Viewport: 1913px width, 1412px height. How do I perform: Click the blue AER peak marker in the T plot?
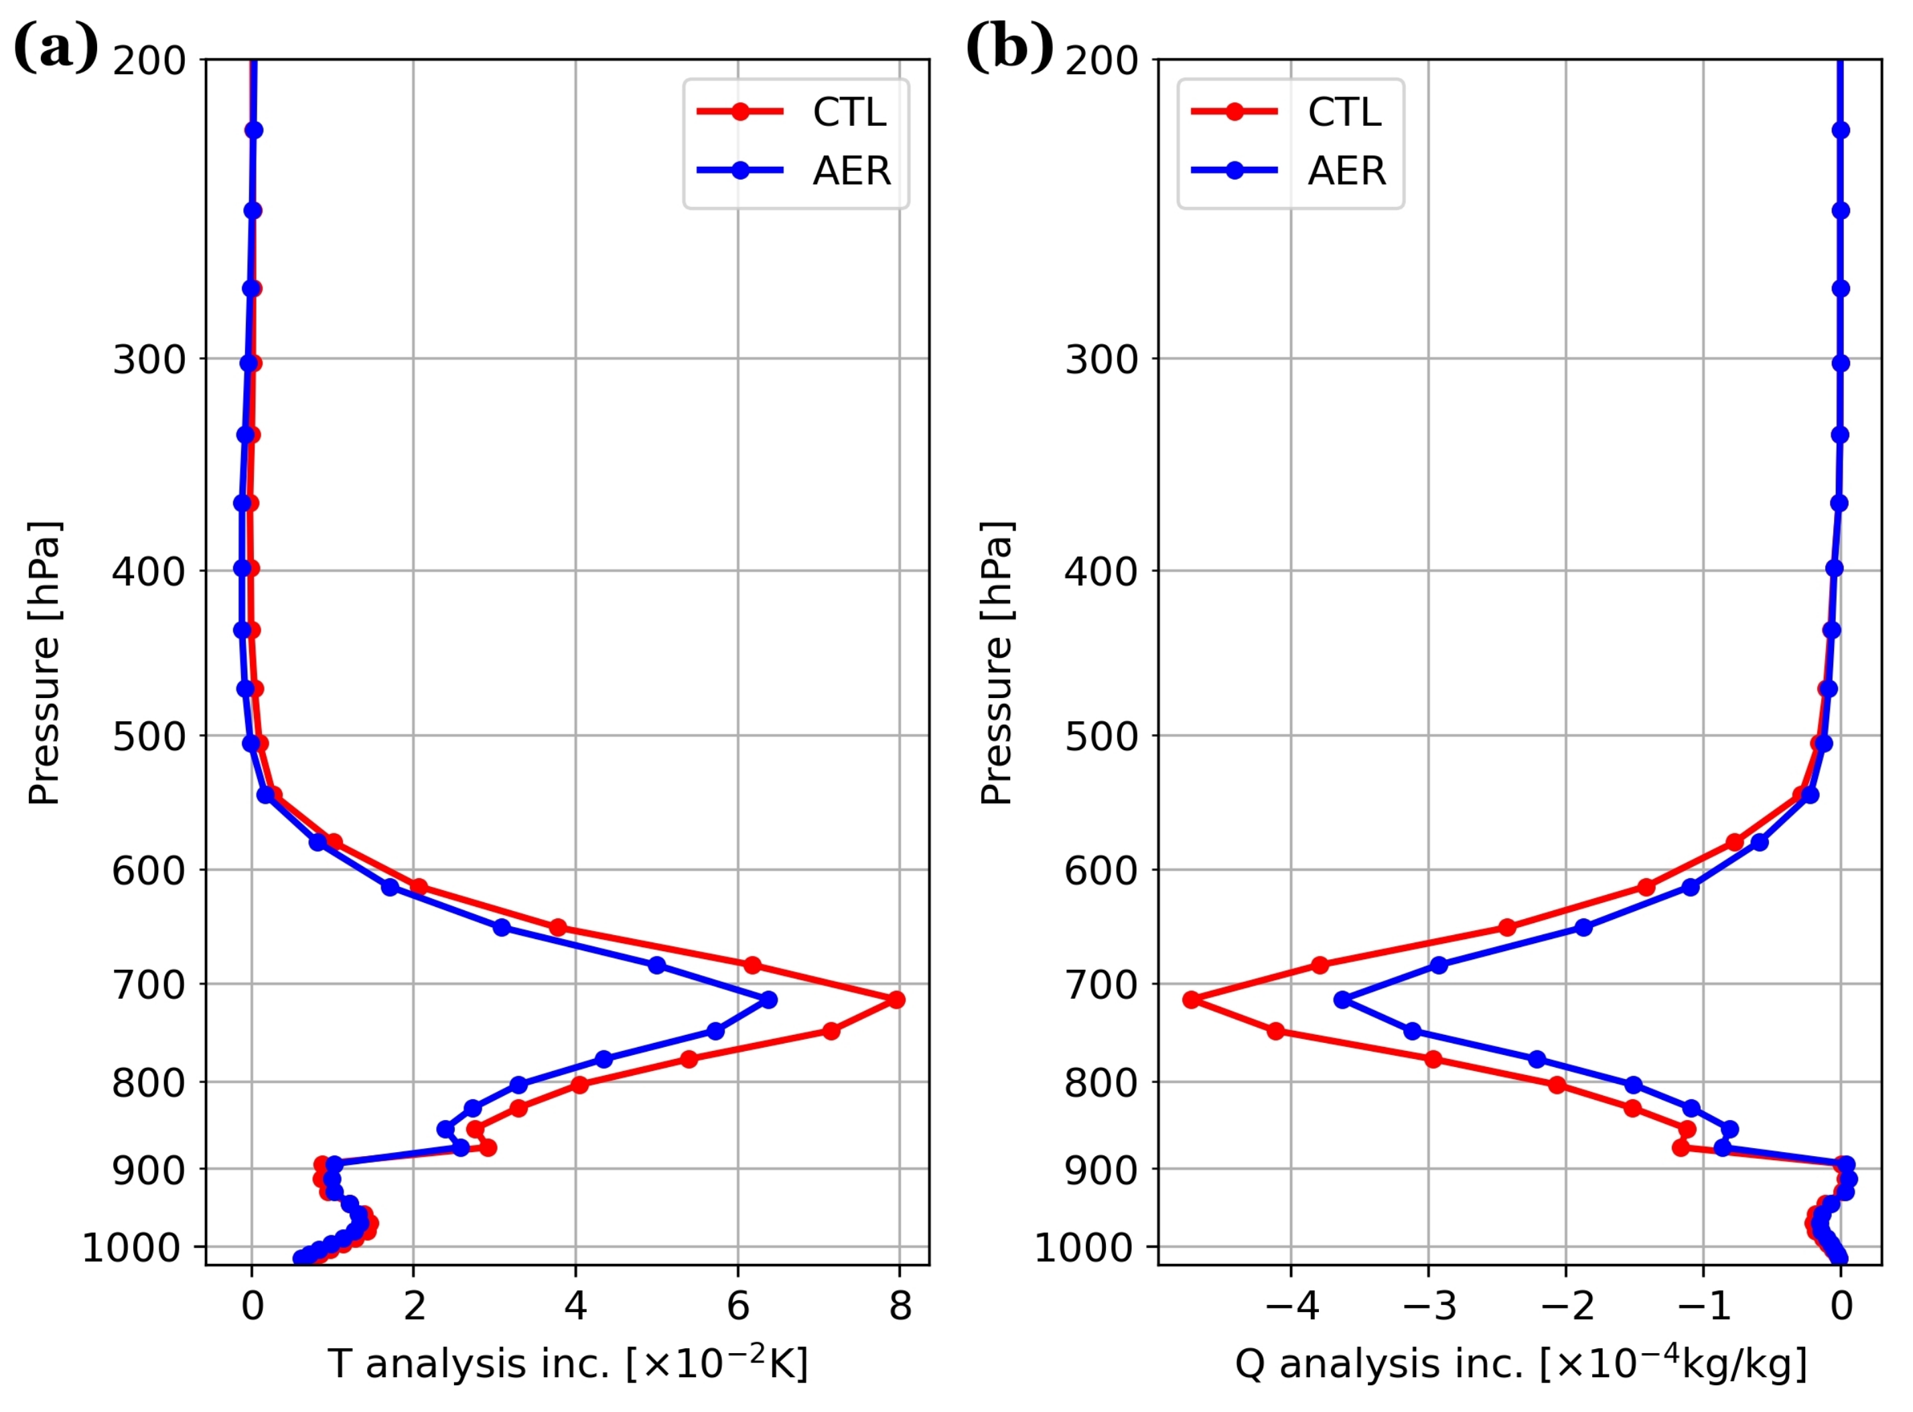pos(770,999)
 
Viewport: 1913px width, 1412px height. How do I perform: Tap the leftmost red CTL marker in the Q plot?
pos(1192,999)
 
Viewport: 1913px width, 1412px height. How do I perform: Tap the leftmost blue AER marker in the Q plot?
pos(1342,999)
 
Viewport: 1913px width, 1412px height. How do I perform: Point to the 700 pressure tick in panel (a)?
pos(149,985)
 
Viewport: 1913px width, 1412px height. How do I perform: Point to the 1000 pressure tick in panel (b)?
pos(1080,1249)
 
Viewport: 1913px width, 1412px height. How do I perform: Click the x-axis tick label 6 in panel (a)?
pos(737,1306)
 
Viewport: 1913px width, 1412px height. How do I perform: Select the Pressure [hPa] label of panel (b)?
pos(997,662)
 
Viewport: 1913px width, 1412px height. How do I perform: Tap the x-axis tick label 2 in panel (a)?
pos(414,1306)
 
